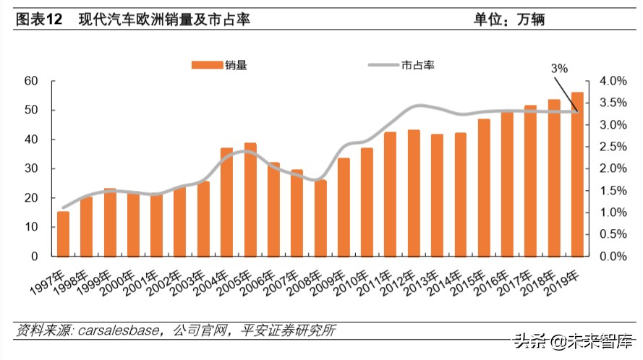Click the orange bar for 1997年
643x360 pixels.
point(64,234)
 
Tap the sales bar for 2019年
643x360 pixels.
point(577,174)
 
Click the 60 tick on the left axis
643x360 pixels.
point(30,81)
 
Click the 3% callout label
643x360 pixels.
point(559,68)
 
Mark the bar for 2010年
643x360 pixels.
point(367,202)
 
